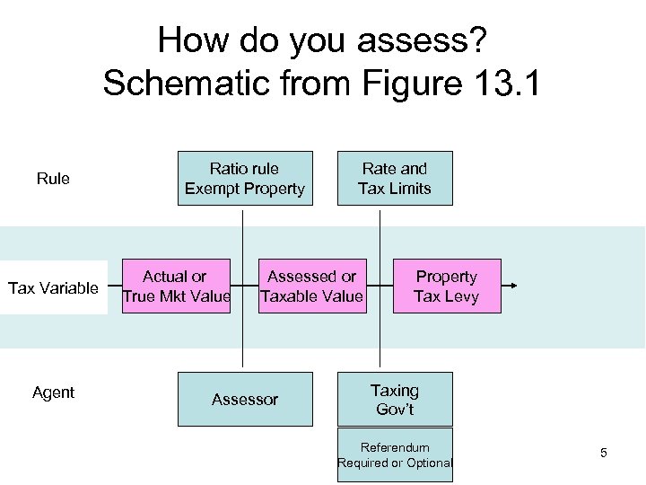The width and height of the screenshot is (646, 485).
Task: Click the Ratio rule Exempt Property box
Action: click(245, 178)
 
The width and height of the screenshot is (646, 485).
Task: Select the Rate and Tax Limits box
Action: click(395, 178)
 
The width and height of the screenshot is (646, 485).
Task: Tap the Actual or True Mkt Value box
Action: click(176, 287)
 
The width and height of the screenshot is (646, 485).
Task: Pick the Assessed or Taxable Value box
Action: click(312, 287)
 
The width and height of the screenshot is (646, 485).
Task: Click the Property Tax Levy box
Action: click(447, 287)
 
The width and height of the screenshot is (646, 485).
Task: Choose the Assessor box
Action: click(245, 399)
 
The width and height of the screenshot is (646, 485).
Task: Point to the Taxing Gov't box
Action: click(395, 399)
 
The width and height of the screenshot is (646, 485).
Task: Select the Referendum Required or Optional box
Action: click(395, 455)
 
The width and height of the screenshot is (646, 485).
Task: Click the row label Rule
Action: click(53, 179)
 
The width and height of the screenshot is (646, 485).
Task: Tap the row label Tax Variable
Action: click(53, 288)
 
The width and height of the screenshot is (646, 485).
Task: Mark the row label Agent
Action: click(53, 392)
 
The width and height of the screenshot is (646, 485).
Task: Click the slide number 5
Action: click(603, 453)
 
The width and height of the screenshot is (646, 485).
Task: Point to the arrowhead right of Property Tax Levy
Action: click(513, 287)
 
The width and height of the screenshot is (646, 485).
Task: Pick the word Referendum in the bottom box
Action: click(395, 447)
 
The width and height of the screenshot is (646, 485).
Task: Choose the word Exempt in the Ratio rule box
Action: click(211, 189)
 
